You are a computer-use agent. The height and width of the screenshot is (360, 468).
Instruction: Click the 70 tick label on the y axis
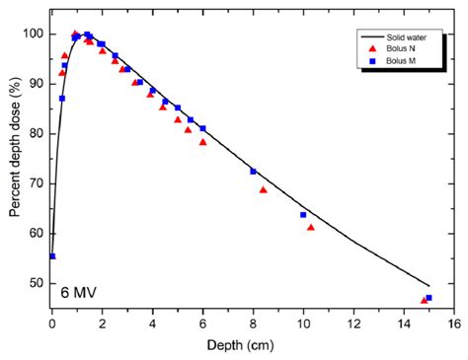tap(38, 183)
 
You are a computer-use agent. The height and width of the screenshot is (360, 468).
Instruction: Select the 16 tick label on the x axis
tap(453, 322)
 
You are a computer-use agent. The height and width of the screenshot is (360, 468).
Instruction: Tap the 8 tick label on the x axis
tap(253, 322)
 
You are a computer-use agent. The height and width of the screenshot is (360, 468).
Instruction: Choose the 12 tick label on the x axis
tap(353, 322)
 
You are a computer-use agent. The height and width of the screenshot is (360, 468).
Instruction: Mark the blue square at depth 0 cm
tap(52, 255)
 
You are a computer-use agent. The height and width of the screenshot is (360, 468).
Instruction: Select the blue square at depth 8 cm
tap(253, 171)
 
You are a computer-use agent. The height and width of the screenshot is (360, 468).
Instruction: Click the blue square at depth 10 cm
tap(303, 214)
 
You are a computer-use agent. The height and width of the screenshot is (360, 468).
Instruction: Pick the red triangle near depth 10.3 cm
tap(311, 227)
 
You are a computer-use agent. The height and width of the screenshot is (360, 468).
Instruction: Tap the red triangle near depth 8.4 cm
tap(263, 189)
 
